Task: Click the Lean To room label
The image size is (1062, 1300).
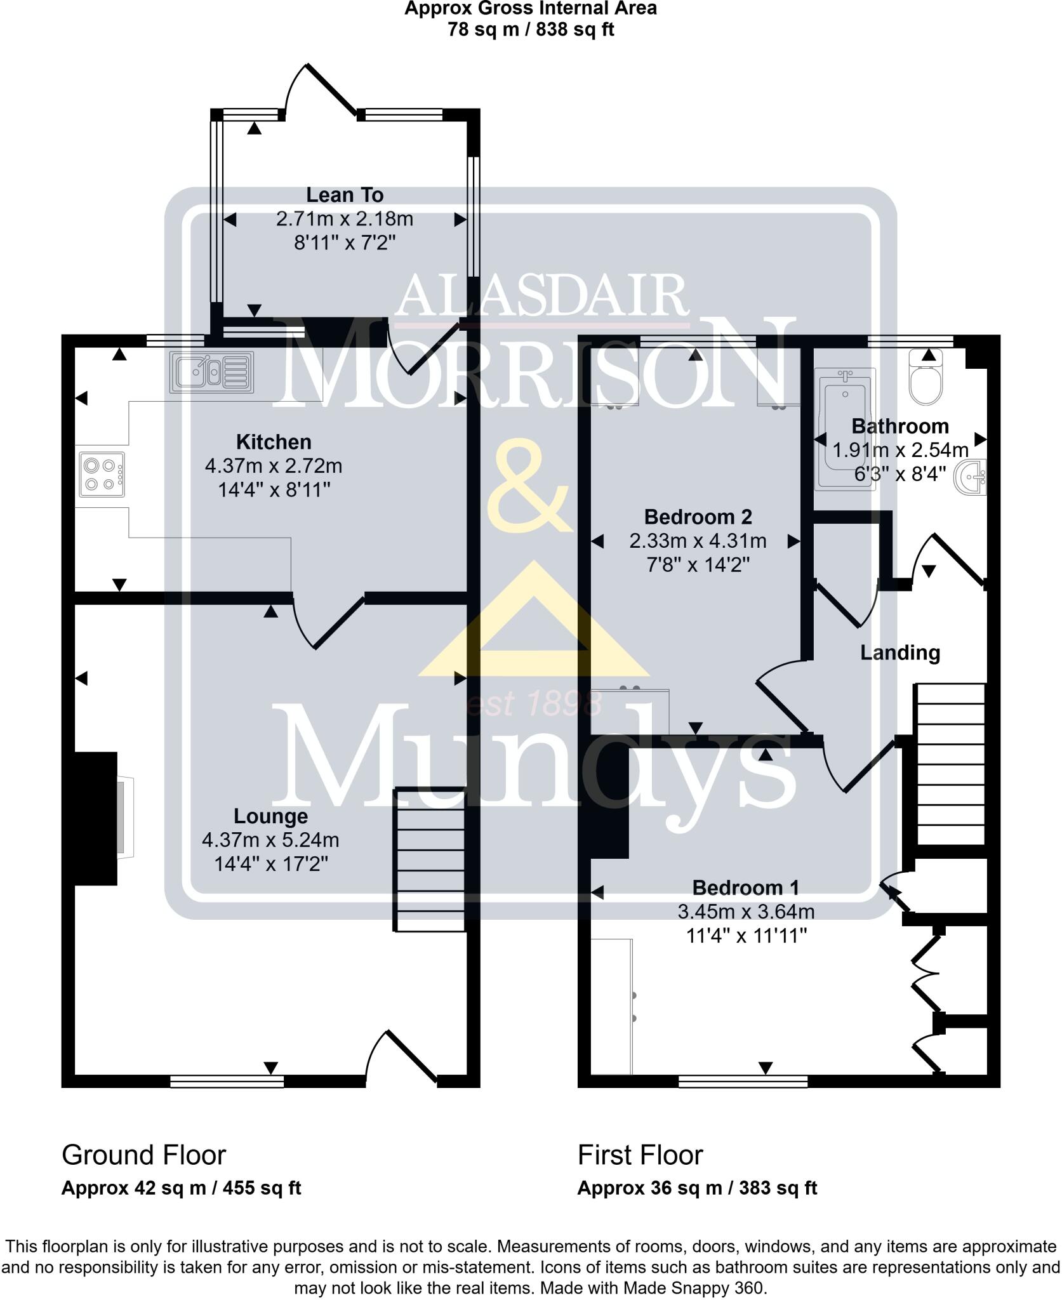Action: coord(345,195)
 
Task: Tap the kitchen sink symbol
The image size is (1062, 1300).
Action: coord(212,371)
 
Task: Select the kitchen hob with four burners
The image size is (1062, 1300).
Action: coord(102,474)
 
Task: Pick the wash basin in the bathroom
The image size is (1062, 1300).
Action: coord(971,477)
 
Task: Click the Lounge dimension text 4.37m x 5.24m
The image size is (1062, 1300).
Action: coord(270,840)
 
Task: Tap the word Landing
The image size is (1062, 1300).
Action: coord(899,653)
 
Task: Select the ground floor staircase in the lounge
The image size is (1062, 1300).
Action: coord(430,860)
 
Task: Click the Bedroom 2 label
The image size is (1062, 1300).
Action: coord(698,517)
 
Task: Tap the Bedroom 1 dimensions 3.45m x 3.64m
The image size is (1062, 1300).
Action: coord(746,912)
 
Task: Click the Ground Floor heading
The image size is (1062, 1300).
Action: coord(143,1155)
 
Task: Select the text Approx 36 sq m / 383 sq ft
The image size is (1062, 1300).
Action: coord(697,1188)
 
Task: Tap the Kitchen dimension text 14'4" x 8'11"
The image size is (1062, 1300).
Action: coord(274,490)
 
